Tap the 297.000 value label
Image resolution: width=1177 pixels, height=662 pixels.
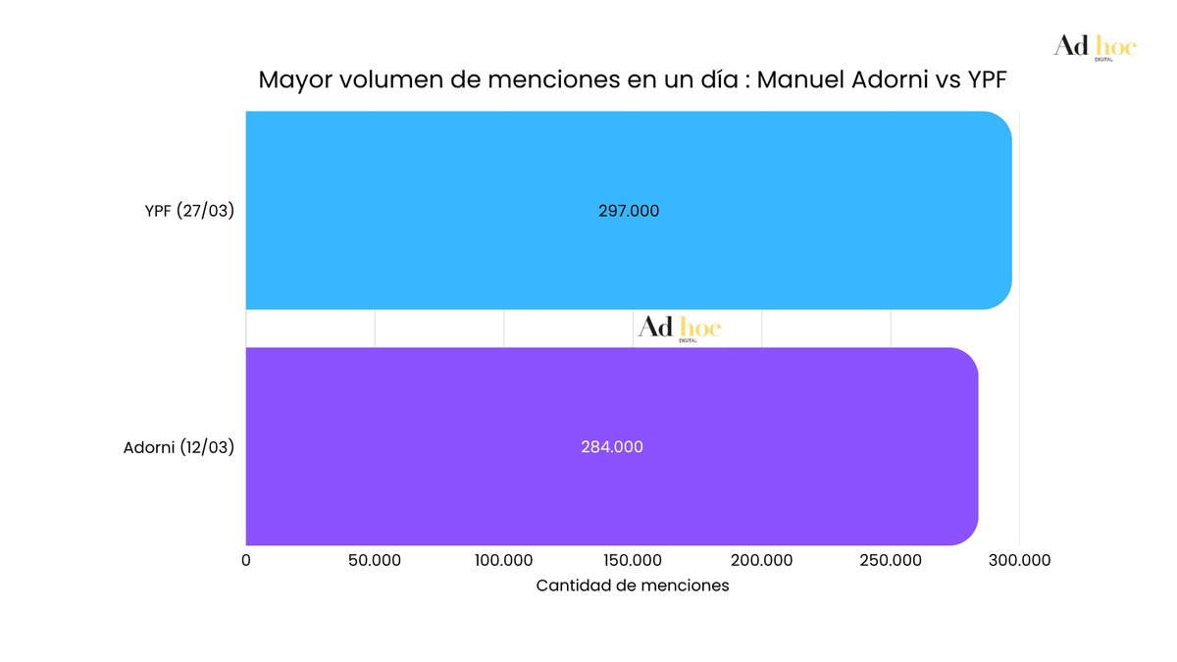(x=629, y=211)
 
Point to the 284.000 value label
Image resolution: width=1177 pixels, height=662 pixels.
(x=612, y=446)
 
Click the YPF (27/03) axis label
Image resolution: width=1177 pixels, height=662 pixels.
(x=189, y=211)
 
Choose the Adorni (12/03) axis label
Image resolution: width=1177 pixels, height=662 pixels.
(x=179, y=447)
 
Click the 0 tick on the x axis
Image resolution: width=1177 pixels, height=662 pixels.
(x=246, y=560)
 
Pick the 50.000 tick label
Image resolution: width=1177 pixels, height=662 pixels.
(x=375, y=560)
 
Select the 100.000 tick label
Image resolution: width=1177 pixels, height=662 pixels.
(x=503, y=560)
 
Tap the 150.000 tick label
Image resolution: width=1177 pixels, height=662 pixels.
(x=633, y=560)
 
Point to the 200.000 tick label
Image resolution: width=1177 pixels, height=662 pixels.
(x=762, y=560)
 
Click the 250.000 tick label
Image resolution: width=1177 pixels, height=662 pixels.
(x=891, y=560)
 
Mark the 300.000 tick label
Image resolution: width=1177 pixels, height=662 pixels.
(x=1019, y=560)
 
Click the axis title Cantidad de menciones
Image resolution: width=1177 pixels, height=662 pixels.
(x=633, y=586)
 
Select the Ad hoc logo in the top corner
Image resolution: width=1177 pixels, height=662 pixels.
(x=1095, y=46)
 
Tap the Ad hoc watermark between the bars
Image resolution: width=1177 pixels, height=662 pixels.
(x=679, y=328)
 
